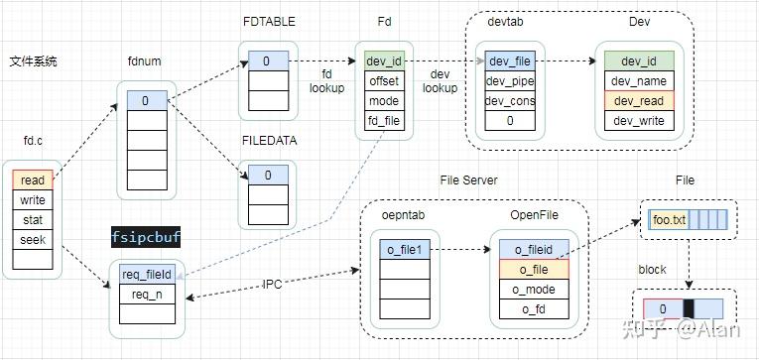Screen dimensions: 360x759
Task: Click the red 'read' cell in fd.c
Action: (32, 180)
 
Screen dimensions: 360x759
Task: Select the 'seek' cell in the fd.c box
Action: (32, 239)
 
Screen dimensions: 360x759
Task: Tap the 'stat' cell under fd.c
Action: (32, 220)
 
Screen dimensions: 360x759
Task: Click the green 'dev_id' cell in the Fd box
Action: (384, 61)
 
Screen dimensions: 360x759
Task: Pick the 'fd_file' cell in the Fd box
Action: (384, 121)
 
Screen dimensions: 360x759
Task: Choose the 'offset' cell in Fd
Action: (384, 81)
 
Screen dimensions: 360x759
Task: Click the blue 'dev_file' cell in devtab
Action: (510, 61)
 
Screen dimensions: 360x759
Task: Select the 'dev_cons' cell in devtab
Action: (510, 101)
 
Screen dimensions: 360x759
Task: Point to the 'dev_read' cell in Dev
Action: (638, 101)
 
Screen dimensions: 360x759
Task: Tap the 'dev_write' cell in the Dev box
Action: (638, 121)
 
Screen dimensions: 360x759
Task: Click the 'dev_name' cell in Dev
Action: (638, 81)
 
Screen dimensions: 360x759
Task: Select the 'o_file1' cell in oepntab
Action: (404, 249)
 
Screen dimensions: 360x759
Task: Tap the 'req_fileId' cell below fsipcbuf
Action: (147, 274)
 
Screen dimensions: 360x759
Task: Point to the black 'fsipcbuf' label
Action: (146, 237)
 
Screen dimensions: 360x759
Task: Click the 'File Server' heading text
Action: (468, 180)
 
